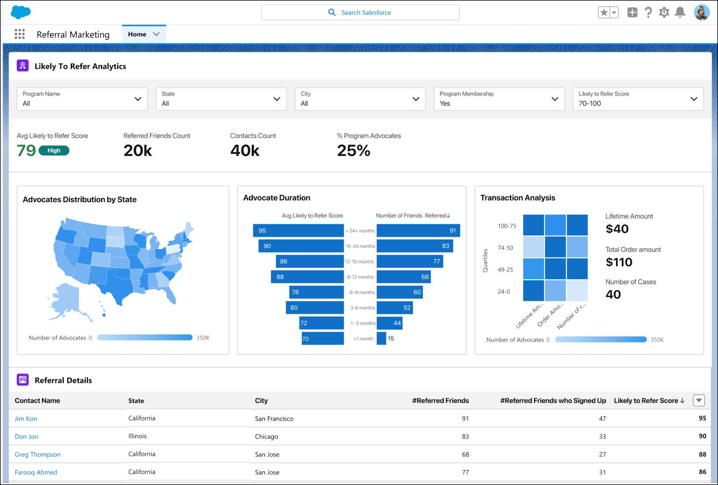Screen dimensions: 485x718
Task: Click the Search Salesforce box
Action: [x=360, y=13]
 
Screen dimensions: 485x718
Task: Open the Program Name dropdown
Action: [x=82, y=99]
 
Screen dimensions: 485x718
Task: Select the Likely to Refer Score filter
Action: [x=638, y=99]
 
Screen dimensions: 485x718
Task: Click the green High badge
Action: [x=54, y=150]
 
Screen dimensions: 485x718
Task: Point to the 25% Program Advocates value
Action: [x=354, y=150]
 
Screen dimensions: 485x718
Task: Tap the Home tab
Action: [x=137, y=34]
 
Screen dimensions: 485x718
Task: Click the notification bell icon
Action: [x=680, y=13]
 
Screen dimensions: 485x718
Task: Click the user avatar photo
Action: [x=701, y=13]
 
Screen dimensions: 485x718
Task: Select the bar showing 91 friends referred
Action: [x=418, y=230]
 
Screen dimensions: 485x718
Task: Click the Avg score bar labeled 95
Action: [x=298, y=230]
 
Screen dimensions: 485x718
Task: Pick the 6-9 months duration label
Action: [x=362, y=292]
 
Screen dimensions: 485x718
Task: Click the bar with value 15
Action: [x=381, y=339]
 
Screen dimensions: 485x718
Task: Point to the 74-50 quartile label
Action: [x=505, y=248]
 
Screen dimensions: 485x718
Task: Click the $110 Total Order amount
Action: [x=619, y=262]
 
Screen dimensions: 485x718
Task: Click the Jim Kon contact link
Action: [x=26, y=419]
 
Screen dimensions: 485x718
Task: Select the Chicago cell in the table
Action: [x=267, y=436]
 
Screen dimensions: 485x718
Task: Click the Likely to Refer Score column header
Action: [x=648, y=401]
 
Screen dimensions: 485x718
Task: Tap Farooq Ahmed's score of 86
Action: [x=702, y=472]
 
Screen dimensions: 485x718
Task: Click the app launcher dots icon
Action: [x=20, y=34]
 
